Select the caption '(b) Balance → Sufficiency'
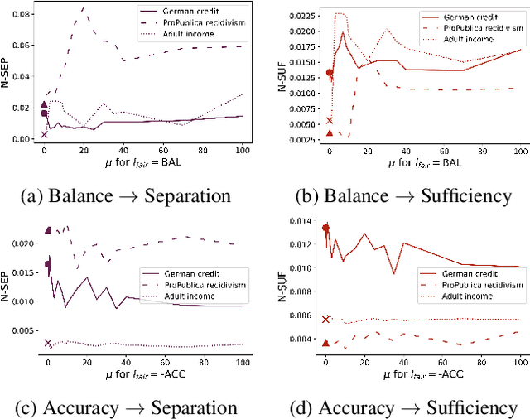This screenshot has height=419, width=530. [x=402, y=196]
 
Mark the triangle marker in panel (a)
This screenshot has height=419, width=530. [x=45, y=105]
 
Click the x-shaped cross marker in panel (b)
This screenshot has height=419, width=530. [x=329, y=121]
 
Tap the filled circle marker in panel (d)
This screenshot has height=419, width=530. [x=325, y=228]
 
